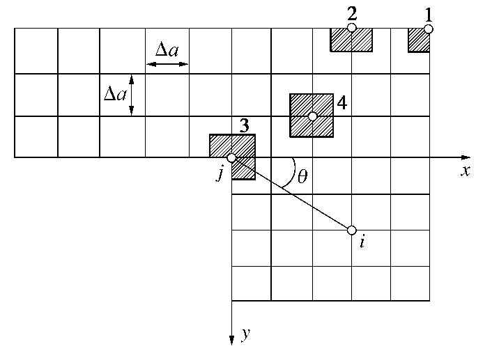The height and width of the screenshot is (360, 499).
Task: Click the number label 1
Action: click(x=429, y=14)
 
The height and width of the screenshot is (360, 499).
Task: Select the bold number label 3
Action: click(x=244, y=125)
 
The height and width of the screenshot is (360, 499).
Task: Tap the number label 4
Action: click(x=341, y=103)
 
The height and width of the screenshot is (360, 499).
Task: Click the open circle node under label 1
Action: click(x=429, y=29)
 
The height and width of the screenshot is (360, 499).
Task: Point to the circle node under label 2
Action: click(x=352, y=28)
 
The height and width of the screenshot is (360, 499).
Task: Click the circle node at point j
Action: click(x=231, y=158)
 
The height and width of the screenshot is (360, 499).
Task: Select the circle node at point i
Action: click(x=352, y=230)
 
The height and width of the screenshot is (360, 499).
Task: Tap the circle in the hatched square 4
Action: click(x=313, y=116)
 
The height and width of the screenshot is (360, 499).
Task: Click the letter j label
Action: click(x=220, y=173)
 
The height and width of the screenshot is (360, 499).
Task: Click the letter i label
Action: click(x=363, y=243)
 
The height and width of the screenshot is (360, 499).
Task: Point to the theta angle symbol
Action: click(x=302, y=176)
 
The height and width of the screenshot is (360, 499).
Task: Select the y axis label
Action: click(x=245, y=335)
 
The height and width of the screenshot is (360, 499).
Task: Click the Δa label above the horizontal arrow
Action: click(x=167, y=49)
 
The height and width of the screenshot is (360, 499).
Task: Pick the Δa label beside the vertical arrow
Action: click(x=115, y=93)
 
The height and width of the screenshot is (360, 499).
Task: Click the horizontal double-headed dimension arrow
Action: click(x=167, y=64)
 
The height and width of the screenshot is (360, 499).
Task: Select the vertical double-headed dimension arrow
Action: click(x=132, y=95)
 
